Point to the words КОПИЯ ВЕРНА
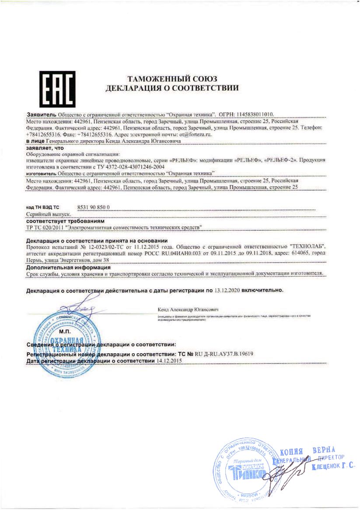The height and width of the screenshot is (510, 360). click(x=307, y=450)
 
